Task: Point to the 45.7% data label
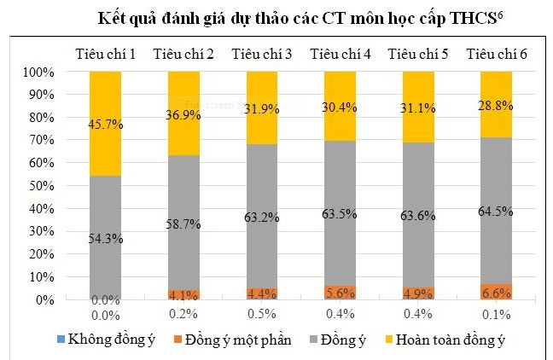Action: (105, 125)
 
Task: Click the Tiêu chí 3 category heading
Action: (263, 55)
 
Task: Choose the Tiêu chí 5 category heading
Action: (418, 55)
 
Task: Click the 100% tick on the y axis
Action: (41, 72)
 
